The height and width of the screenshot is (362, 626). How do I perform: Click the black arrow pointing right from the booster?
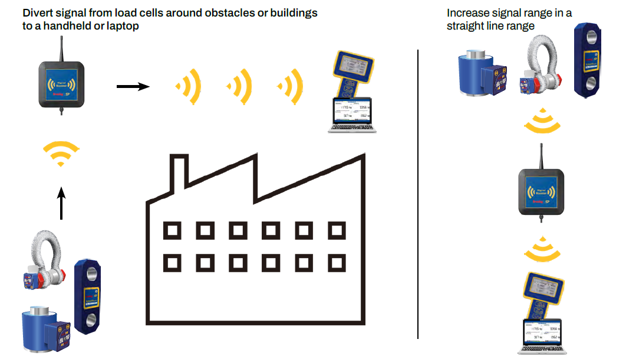point(133,87)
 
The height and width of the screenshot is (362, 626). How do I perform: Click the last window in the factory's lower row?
point(337,261)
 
